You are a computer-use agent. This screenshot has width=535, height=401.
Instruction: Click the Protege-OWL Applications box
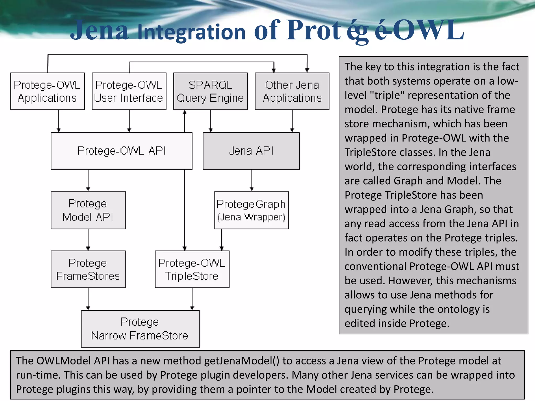pos(48,91)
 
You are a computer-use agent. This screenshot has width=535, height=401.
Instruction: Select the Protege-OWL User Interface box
pos(129,91)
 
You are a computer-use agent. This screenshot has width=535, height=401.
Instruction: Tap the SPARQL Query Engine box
pos(211,91)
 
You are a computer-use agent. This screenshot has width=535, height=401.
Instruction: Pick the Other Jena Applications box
pos(292,91)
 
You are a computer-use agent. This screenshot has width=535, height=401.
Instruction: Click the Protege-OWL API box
pos(121,151)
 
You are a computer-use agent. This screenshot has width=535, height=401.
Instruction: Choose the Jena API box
pos(251,151)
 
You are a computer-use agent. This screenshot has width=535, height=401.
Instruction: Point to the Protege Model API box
pos(88,210)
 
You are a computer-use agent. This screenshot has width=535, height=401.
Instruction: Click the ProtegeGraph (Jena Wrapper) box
pos(252,210)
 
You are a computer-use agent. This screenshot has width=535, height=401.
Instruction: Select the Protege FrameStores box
pos(88,269)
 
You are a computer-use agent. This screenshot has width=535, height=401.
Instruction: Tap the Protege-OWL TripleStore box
pos(192,269)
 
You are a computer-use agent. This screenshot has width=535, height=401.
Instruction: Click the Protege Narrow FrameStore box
pos(140,329)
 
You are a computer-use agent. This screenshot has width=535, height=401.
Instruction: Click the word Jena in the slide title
pos(99,31)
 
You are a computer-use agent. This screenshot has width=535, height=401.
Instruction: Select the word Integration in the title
pos(191,33)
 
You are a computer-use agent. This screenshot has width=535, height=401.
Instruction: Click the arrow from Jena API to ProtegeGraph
pos(252,180)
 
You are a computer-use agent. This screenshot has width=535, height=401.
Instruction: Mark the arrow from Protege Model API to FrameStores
pos(88,240)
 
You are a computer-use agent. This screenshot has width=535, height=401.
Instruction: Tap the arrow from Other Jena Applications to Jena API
pos(292,121)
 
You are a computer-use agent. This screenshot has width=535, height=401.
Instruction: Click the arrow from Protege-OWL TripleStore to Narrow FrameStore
pos(192,299)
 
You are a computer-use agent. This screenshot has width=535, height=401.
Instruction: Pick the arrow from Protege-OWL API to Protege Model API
pos(88,180)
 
